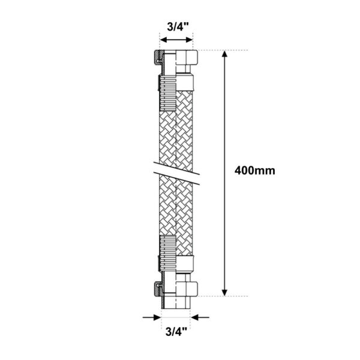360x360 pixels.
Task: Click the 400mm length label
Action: pyautogui.click(x=254, y=171)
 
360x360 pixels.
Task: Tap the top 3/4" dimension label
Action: pyautogui.click(x=178, y=27)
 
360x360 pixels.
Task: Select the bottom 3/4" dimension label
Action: pyautogui.click(x=176, y=332)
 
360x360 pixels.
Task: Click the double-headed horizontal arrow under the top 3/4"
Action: pyautogui.click(x=176, y=40)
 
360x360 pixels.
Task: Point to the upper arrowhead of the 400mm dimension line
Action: pyautogui.click(x=225, y=54)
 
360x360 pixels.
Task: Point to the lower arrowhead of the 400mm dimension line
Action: pyautogui.click(x=225, y=293)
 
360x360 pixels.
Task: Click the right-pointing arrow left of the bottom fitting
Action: pyautogui.click(x=152, y=317)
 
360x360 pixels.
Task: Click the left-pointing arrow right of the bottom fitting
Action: pyautogui.click(x=200, y=317)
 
